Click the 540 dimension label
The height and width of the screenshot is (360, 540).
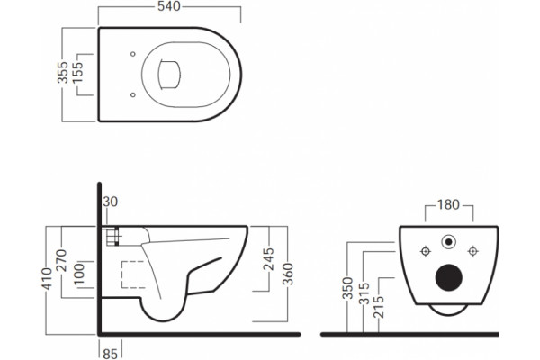(169, 6)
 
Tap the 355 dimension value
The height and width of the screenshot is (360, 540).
(62, 72)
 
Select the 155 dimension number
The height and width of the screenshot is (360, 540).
(77, 72)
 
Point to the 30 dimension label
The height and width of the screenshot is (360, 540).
(110, 202)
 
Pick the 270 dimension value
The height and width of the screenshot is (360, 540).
(62, 260)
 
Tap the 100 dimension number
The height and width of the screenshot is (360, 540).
(79, 274)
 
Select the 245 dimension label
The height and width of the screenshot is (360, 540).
(268, 259)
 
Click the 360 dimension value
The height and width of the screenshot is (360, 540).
(288, 274)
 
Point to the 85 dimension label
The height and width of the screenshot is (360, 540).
(110, 354)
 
